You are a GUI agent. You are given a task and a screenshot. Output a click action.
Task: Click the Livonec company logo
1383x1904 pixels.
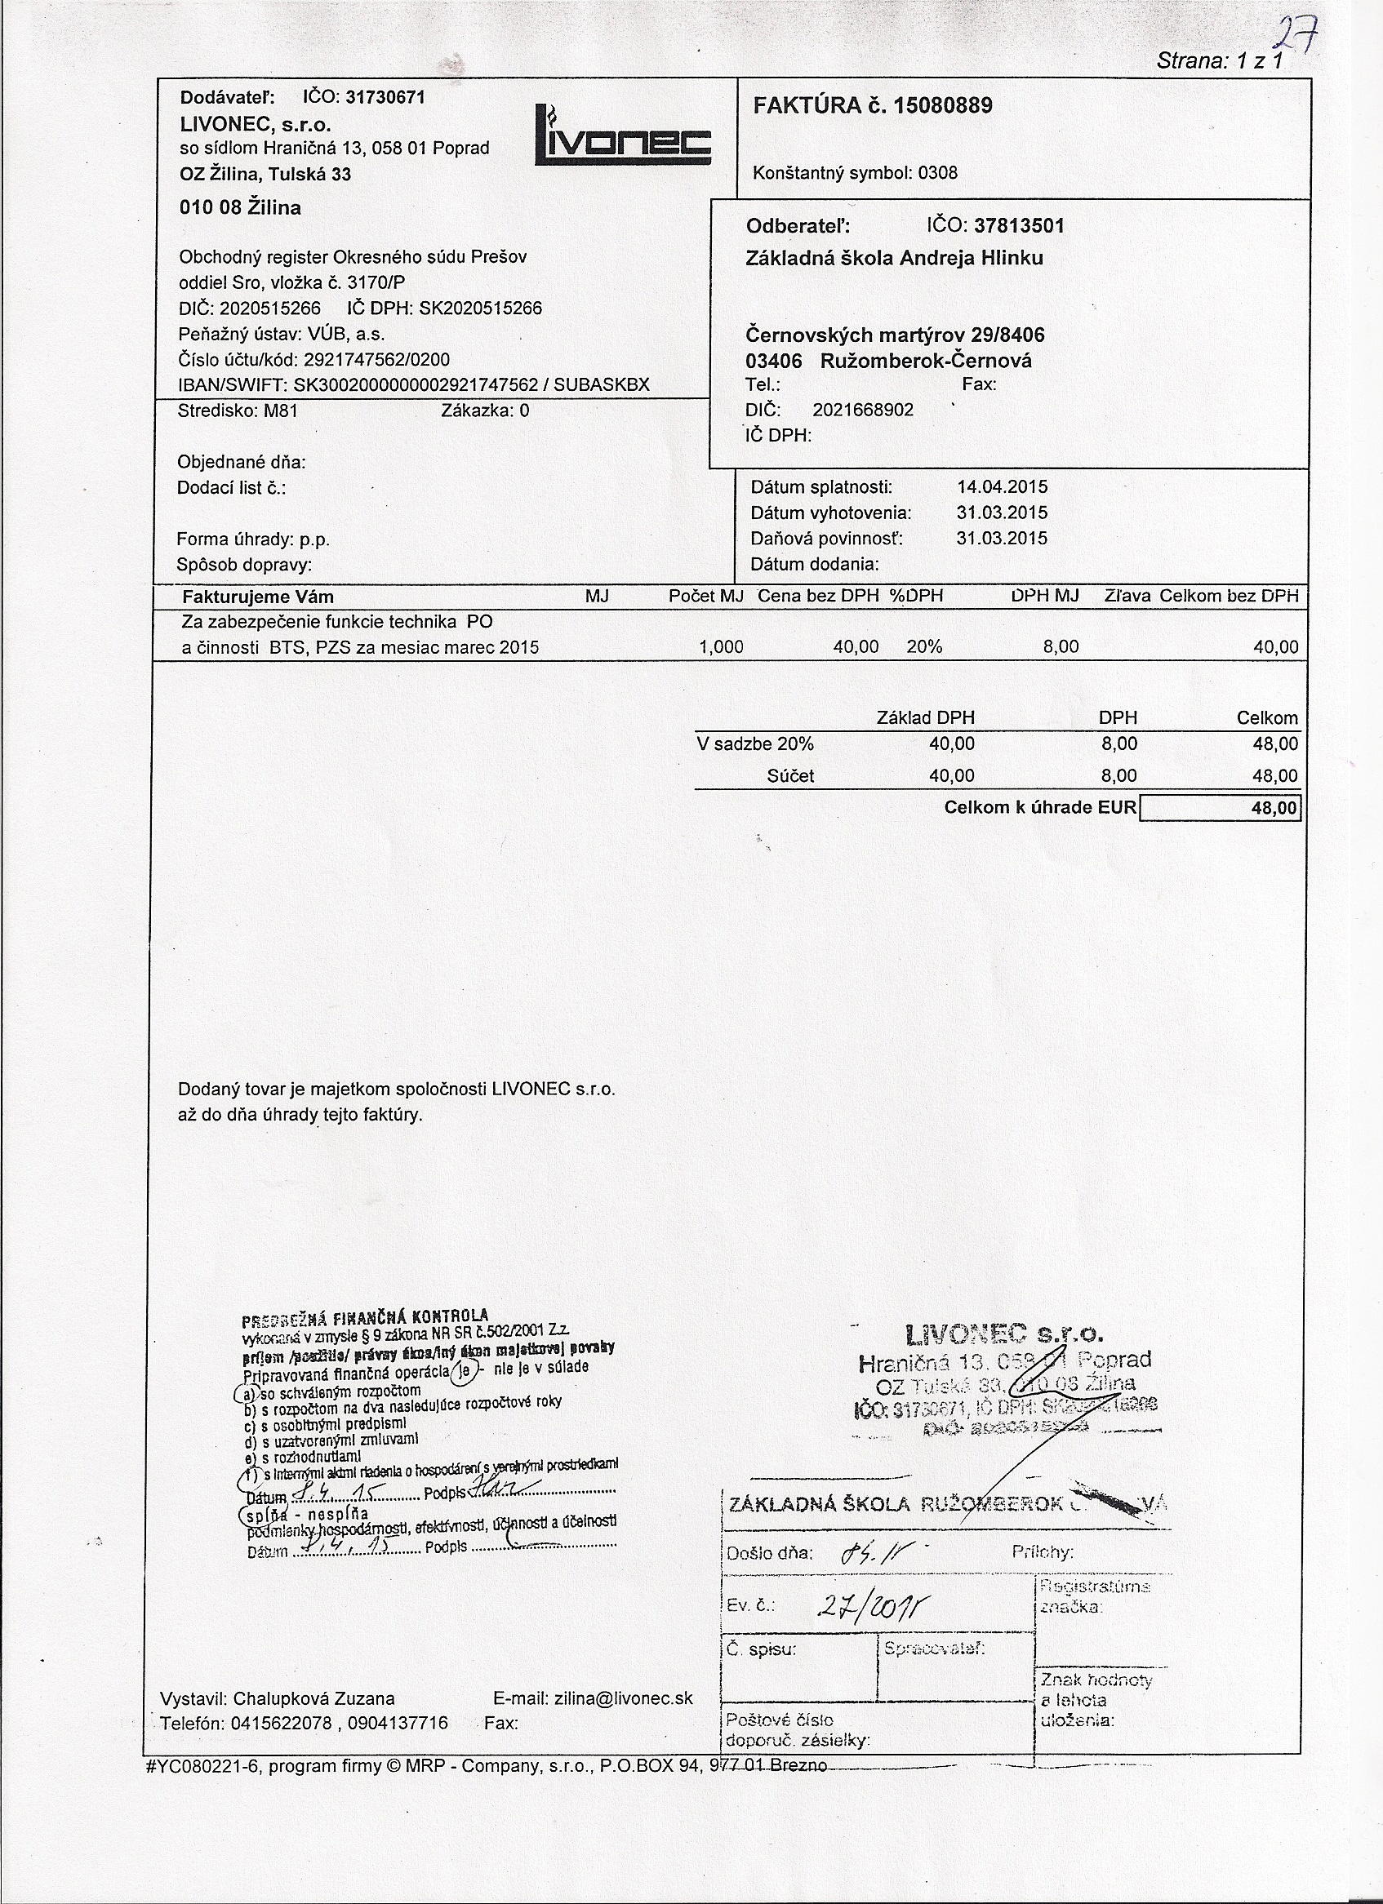point(622,136)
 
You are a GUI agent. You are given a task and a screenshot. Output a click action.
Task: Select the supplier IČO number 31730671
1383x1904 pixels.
point(385,97)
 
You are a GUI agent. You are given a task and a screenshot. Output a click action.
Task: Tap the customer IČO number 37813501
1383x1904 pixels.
point(1019,226)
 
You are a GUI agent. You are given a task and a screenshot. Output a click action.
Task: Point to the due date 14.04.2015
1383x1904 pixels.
point(1002,487)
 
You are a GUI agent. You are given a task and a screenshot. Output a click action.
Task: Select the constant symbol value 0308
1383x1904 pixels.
point(937,174)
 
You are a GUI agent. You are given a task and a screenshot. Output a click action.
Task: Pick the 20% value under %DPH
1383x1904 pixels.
point(924,647)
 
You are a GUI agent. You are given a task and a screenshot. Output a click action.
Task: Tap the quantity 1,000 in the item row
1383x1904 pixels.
point(722,647)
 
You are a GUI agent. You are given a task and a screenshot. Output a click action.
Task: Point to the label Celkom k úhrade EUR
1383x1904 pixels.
point(1039,809)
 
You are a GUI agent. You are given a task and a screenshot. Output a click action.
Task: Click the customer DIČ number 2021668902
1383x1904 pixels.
point(862,410)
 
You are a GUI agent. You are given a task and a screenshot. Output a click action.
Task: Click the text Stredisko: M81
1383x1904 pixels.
point(238,411)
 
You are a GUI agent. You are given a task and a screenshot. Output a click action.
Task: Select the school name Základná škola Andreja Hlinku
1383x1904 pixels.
point(894,259)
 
